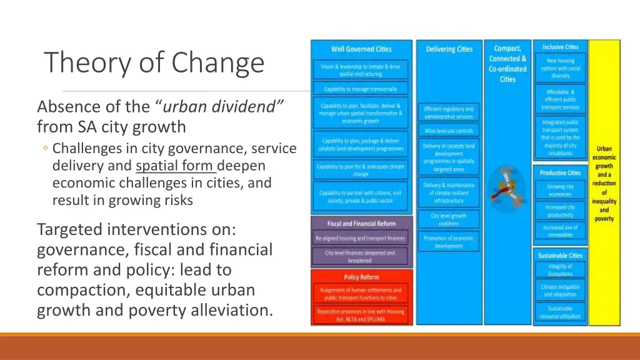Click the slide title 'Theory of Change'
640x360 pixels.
pos(154,62)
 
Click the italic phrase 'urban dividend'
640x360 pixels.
pos(224,106)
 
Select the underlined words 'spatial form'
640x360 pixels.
pos(175,166)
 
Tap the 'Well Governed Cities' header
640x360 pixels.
pos(361,49)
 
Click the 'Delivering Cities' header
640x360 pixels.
pos(449,49)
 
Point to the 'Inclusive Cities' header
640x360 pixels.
pos(561,47)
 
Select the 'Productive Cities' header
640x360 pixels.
pos(560,172)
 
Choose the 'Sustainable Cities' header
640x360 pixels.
pos(560,256)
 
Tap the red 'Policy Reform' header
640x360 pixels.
pos(361,277)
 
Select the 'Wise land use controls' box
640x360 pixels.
pos(449,131)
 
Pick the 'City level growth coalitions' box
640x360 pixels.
pos(449,219)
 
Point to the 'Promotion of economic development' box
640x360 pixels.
pos(449,242)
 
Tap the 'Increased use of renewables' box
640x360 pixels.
pos(560,231)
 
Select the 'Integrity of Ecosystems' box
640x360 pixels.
pos(560,270)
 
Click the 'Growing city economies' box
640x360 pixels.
pos(560,190)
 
